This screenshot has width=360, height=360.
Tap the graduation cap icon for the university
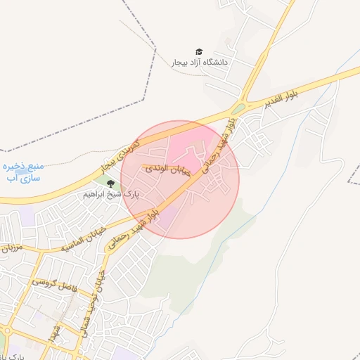pyautogui.click(x=200, y=52)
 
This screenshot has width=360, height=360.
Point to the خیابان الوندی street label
pyautogui.click(x=168, y=171)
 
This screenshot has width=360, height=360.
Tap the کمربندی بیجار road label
pyautogui.click(x=121, y=156)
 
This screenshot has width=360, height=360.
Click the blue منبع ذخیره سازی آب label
pyautogui.click(x=23, y=172)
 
